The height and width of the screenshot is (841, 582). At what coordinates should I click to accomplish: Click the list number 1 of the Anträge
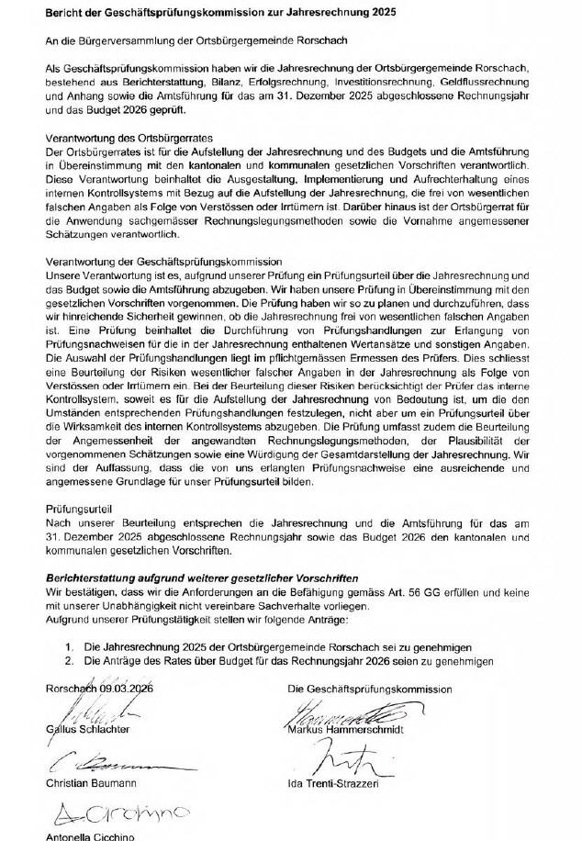click(69, 647)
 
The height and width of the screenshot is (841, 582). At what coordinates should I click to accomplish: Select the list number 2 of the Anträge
click(69, 660)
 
